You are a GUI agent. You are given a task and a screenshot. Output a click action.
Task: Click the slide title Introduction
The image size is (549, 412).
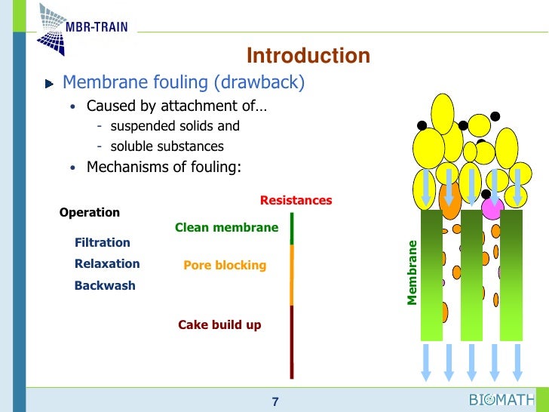[308, 56]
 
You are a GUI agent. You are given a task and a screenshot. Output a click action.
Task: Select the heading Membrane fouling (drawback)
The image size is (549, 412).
[183, 82]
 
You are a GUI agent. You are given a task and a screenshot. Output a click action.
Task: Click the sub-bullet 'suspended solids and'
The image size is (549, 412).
[175, 126]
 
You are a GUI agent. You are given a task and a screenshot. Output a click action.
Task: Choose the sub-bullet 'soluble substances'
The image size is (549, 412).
[167, 146]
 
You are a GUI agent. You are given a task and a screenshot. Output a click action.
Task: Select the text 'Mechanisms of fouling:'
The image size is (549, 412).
[164, 167]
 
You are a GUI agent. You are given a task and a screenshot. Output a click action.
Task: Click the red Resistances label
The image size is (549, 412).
[296, 201]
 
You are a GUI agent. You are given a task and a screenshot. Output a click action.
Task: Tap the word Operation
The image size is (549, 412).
[90, 213]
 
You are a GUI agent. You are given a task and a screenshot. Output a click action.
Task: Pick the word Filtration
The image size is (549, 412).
[103, 243]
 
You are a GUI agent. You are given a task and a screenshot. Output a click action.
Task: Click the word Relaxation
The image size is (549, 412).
[107, 264]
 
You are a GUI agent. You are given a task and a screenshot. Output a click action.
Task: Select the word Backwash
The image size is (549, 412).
[105, 286]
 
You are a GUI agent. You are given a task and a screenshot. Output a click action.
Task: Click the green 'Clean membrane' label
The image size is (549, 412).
[226, 227]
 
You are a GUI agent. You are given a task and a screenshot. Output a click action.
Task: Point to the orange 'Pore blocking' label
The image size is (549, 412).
[225, 266]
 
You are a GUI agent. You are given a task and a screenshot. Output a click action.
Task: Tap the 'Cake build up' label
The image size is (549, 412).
[219, 324]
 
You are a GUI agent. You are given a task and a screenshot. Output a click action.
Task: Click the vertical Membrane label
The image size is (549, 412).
[412, 272]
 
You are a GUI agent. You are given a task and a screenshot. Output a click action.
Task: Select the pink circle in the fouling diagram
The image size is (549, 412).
[492, 208]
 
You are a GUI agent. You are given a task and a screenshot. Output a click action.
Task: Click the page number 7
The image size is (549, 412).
[275, 402]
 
